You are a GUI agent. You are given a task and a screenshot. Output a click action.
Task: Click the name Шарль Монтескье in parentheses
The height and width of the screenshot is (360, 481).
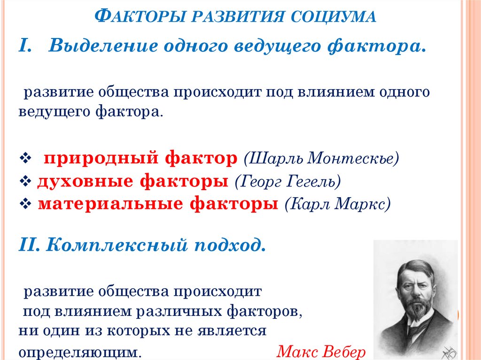pyautogui.click(x=321, y=158)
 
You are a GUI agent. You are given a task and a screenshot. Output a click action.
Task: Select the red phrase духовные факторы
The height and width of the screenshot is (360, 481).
pyautogui.click(x=133, y=181)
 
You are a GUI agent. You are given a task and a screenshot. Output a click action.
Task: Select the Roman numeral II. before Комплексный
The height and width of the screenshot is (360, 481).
pyautogui.click(x=31, y=245)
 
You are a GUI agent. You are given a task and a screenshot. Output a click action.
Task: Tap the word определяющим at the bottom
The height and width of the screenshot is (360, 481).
pyautogui.click(x=80, y=352)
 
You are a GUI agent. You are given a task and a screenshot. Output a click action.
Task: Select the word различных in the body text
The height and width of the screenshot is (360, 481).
pyautogui.click(x=172, y=311)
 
